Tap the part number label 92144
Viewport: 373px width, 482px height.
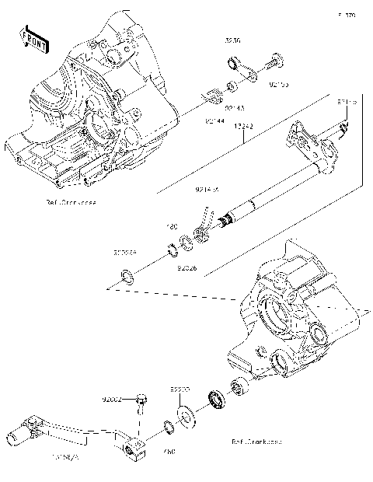[x=215, y=121]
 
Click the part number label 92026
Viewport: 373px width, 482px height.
[x=186, y=267]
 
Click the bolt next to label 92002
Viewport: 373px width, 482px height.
[x=141, y=401]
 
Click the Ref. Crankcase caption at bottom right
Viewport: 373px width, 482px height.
[x=256, y=441]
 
